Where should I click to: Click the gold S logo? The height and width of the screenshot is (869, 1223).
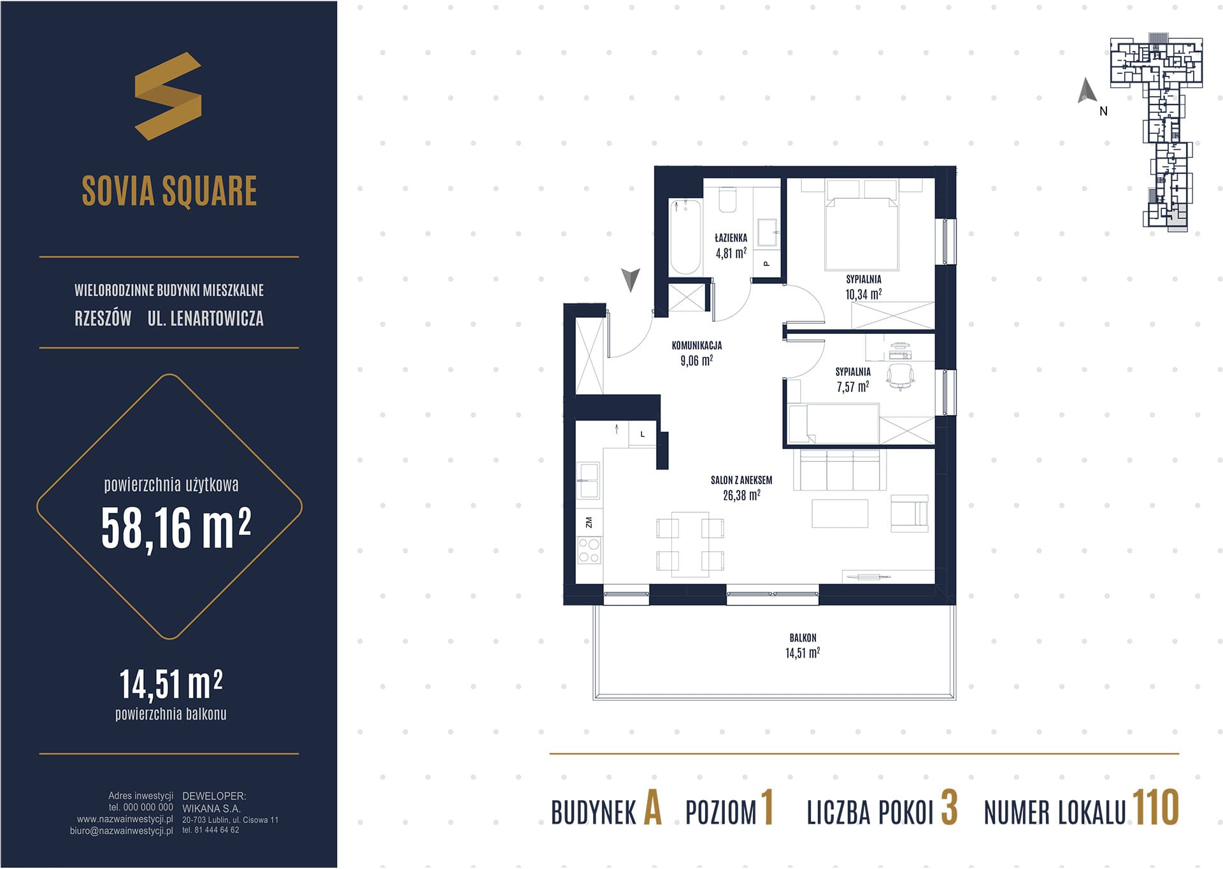(168, 96)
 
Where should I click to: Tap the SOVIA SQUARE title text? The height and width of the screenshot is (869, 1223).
(169, 191)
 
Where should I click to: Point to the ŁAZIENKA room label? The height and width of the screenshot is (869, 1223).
(731, 238)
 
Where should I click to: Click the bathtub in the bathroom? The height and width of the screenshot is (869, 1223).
(685, 236)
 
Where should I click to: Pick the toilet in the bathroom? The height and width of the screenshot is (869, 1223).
(727, 199)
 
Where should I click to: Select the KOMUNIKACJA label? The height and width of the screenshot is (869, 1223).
(697, 345)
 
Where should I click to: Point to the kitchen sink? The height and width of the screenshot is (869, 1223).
(588, 480)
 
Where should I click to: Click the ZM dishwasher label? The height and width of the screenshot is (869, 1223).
(589, 522)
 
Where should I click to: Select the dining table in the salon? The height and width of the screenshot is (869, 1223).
(690, 544)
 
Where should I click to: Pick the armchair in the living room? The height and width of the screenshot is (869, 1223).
(910, 513)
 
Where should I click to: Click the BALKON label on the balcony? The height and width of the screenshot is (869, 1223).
(803, 638)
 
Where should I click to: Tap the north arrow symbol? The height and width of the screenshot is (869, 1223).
(1087, 90)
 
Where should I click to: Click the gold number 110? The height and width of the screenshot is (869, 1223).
(1155, 808)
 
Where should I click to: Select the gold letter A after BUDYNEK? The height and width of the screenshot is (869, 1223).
(653, 808)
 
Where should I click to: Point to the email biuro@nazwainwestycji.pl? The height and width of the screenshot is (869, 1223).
(121, 831)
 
